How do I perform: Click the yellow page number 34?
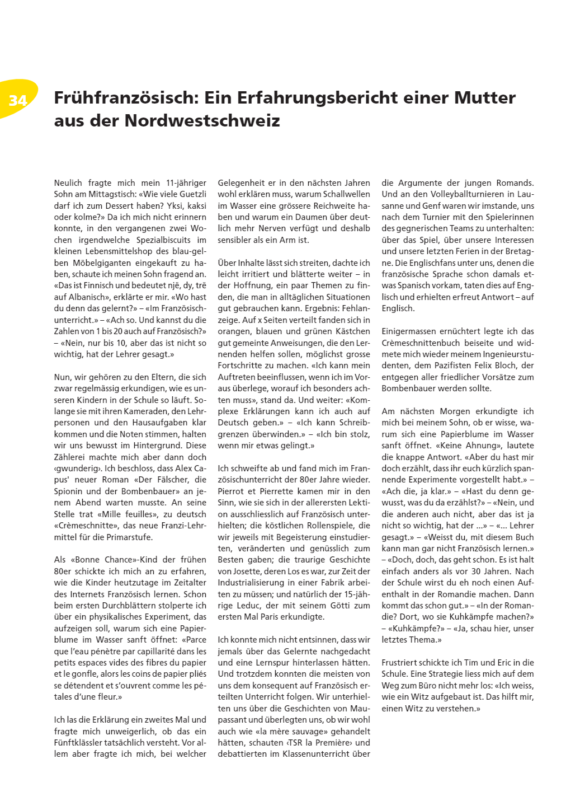(x=18, y=100)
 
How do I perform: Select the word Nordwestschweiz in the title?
(x=202, y=121)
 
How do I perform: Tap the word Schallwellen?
(x=347, y=194)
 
